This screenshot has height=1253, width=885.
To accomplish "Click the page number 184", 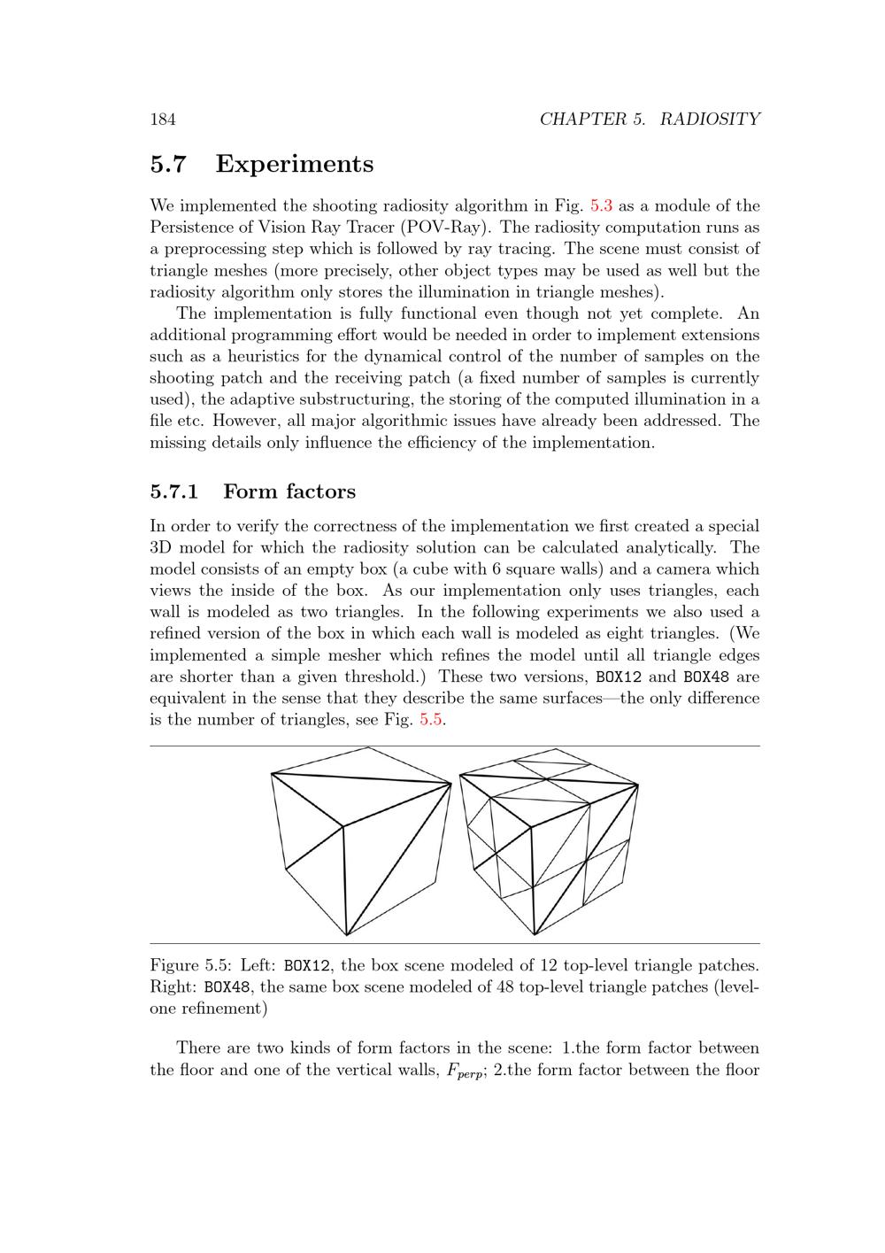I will [x=162, y=120].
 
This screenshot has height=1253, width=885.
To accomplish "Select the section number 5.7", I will [x=168, y=165].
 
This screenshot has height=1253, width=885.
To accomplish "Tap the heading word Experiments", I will [x=294, y=165].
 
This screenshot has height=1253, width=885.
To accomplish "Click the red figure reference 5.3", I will [x=601, y=206].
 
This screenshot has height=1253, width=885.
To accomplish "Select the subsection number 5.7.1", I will [x=173, y=491].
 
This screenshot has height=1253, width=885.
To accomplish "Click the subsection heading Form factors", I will [x=289, y=491].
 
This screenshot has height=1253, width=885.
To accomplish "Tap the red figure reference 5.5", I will [x=430, y=720].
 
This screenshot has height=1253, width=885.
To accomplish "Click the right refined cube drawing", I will [x=549, y=841].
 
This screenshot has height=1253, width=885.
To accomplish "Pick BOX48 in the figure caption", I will [x=227, y=986].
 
